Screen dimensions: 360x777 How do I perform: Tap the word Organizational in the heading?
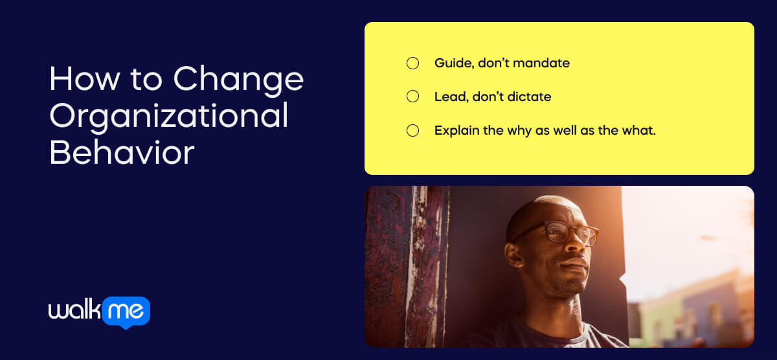(168, 117)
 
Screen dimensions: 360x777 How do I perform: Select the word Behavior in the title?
(122, 153)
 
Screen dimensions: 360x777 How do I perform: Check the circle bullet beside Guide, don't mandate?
(412, 63)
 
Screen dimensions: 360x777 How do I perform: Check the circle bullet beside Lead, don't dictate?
(412, 97)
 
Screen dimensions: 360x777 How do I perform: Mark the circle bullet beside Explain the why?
(412, 131)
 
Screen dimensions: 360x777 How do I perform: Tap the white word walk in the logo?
(74, 311)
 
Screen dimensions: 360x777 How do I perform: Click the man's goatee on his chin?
(570, 285)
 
